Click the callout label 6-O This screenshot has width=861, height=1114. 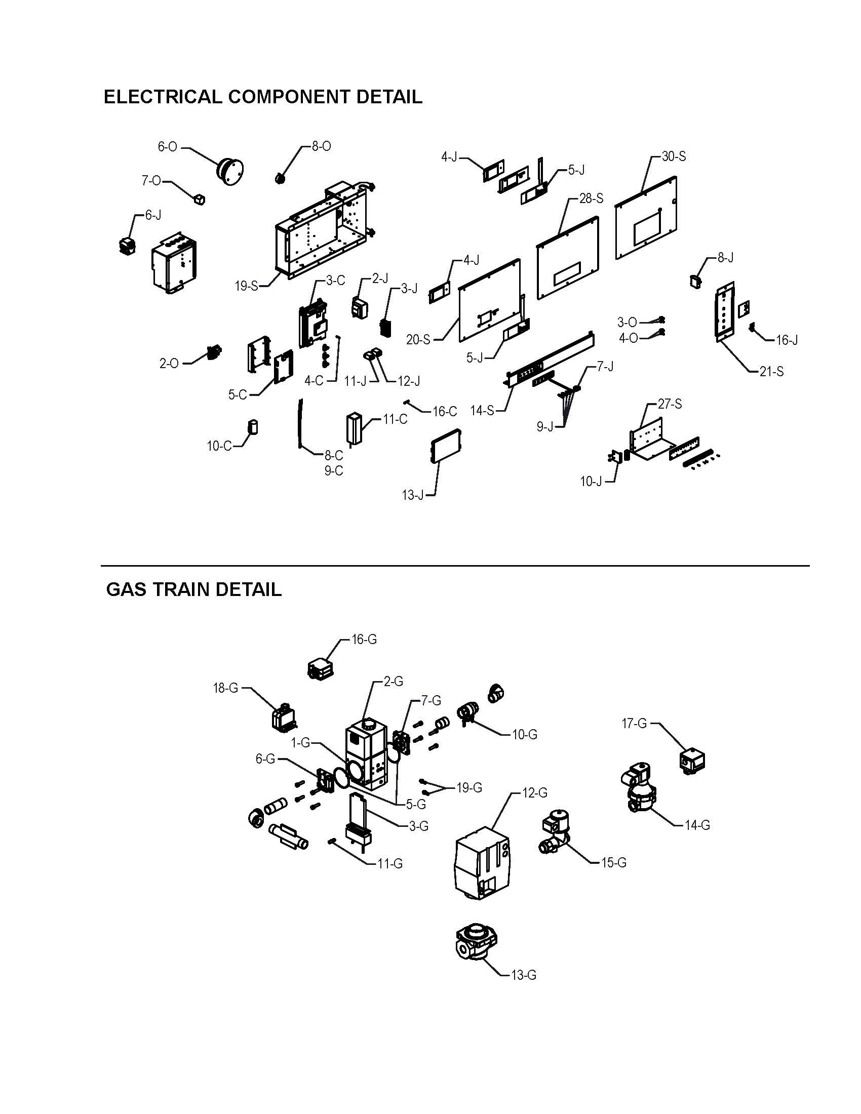pos(167,147)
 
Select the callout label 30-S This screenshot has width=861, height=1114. pos(674,156)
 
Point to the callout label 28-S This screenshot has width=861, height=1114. pos(591,198)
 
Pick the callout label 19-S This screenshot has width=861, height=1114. pos(246,286)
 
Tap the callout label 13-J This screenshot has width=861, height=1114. pos(413,495)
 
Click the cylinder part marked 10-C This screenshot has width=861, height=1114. pos(253,427)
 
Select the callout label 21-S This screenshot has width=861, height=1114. pos(771,372)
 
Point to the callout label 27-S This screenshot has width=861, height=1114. pos(670,404)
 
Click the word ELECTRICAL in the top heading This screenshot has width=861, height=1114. pos(163,96)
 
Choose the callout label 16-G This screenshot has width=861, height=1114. pos(364,639)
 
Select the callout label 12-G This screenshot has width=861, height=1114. pos(534,792)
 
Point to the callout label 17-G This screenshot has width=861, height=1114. pos(634,723)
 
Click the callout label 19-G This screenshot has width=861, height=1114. pos(469,787)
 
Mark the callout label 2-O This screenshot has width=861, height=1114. pos(169,364)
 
